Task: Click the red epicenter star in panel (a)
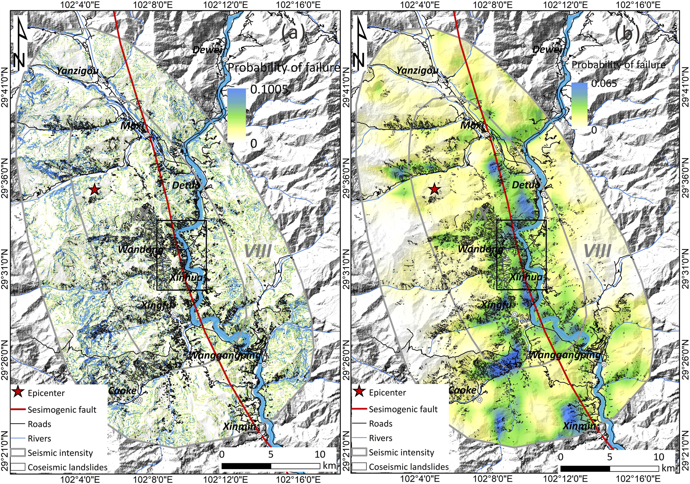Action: [x=94, y=190]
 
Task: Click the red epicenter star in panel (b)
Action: [x=435, y=190]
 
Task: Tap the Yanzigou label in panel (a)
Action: [x=77, y=71]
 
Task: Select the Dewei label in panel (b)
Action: [x=547, y=49]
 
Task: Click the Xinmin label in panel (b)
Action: [x=579, y=426]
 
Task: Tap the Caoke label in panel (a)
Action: [x=122, y=391]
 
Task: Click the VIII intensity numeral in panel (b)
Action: [x=597, y=252]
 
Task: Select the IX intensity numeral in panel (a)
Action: [x=141, y=214]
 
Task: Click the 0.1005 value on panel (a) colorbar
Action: [x=269, y=90]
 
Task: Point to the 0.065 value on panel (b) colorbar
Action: [x=604, y=83]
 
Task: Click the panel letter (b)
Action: [x=627, y=34]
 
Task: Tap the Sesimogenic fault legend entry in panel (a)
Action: [x=62, y=410]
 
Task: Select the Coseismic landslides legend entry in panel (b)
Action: [x=408, y=466]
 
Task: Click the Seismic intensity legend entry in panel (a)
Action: [x=60, y=453]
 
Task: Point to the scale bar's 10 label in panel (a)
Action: [x=320, y=454]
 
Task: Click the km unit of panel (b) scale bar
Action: [x=668, y=468]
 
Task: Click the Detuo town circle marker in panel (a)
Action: [x=203, y=195]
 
